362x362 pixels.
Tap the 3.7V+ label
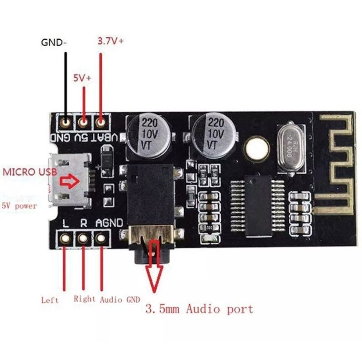point(111,41)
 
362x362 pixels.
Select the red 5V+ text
point(82,78)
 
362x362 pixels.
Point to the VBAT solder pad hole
point(101,122)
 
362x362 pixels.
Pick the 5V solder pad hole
point(84,122)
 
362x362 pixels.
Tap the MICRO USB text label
point(28,172)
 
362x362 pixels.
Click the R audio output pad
point(83,238)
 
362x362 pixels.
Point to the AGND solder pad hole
point(101,238)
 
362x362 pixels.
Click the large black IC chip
point(257,199)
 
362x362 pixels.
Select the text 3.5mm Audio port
point(199,310)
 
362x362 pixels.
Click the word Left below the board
point(50,300)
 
